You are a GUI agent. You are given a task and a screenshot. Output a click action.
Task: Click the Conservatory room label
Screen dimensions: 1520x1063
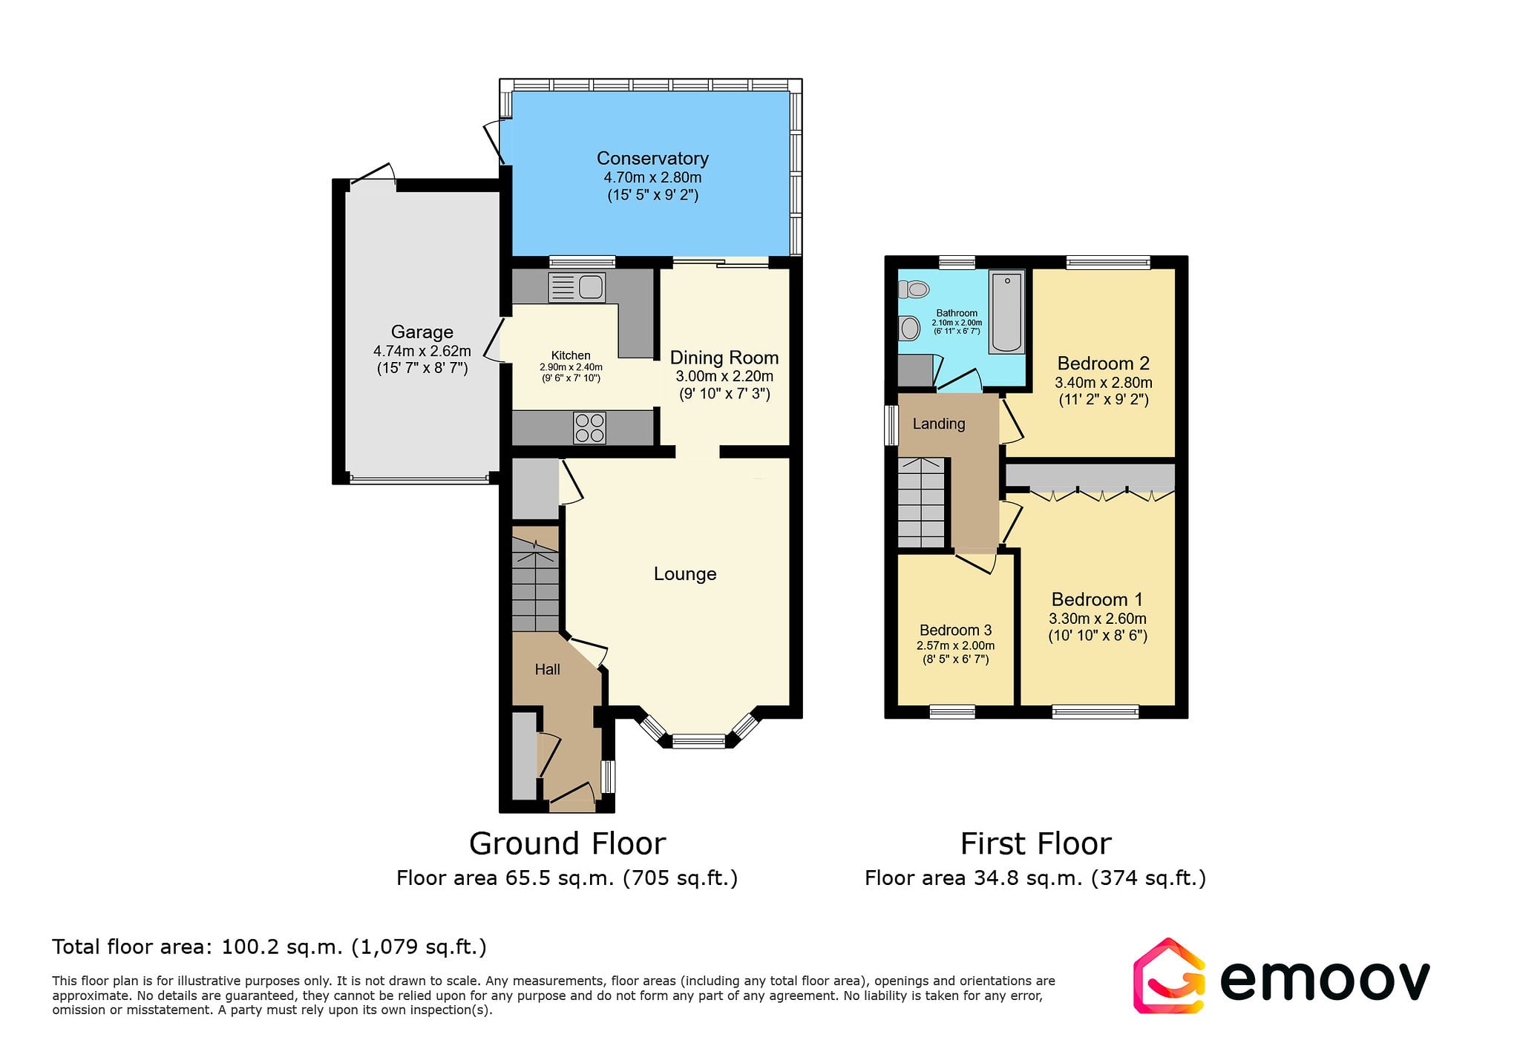point(652,159)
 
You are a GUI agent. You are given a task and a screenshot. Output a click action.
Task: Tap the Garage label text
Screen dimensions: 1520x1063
point(422,332)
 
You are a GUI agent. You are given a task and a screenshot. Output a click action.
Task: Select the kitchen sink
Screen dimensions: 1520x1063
point(577,288)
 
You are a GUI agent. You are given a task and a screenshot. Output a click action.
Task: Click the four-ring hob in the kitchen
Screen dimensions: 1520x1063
point(589,427)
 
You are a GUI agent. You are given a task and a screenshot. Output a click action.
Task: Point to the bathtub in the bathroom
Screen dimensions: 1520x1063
point(1006,312)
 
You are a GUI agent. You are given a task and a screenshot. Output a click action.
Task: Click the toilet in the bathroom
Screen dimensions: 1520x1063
point(914,289)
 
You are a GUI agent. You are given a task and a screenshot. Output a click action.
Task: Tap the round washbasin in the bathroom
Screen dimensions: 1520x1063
point(909,328)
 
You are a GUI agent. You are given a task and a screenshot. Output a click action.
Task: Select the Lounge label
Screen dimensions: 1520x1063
point(685,574)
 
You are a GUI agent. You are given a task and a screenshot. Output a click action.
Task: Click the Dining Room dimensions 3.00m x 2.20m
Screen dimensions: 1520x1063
point(724,377)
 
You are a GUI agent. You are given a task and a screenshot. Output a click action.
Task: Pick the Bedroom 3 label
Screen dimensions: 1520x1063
point(956,631)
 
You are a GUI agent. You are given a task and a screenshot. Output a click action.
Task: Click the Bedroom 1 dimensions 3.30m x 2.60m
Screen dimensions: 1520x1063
point(1098,619)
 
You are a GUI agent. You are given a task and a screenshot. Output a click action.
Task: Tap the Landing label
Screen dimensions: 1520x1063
point(939,424)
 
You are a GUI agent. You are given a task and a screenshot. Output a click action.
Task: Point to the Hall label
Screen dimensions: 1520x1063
point(548,670)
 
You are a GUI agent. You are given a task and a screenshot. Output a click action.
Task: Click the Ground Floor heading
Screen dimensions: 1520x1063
point(568,843)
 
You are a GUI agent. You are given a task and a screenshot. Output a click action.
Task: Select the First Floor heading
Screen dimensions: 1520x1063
point(1036,843)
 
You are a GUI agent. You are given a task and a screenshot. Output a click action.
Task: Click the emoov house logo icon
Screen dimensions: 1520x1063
point(1169,976)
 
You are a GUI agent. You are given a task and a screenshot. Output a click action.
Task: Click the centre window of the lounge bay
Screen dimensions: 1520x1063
point(698,740)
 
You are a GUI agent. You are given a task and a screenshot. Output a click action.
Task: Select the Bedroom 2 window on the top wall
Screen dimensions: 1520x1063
point(1108,262)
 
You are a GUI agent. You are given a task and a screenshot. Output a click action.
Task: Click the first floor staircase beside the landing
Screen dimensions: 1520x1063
point(921,503)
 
